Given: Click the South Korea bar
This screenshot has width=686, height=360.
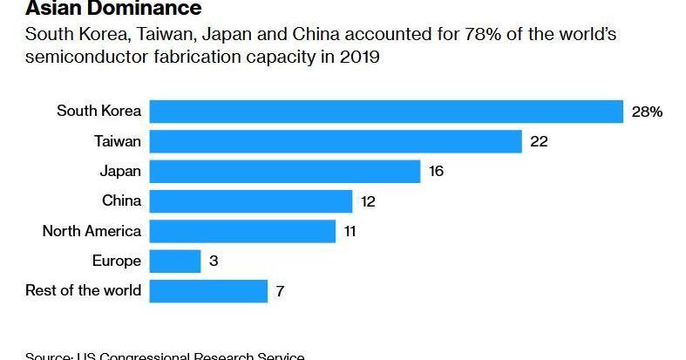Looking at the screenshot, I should pos(386,112).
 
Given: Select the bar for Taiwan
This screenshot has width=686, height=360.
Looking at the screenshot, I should pos(336,141).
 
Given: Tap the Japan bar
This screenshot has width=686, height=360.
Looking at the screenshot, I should pos(285,171).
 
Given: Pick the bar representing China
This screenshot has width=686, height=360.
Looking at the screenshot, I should pos(251,201).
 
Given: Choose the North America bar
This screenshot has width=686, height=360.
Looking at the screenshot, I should pos(242,231).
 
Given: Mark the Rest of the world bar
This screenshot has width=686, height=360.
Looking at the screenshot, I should pos(208,291).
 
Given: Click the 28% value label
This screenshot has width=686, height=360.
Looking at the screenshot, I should pos(647,112).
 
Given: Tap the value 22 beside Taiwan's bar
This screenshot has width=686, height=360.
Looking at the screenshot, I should pos(539,141).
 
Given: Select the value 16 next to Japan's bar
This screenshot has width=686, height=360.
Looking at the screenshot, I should pos(436,171).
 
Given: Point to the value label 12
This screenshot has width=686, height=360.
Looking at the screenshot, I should pos(368,201).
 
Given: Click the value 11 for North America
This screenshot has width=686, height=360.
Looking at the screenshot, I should pos(350,231).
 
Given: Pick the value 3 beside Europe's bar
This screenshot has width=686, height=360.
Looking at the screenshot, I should pos(214,261).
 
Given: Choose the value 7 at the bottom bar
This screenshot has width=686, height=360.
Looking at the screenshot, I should pos(280,291).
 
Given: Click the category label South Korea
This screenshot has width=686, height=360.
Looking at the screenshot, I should pos(98,111).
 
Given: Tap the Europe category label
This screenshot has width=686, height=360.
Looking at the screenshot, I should pos(116,261).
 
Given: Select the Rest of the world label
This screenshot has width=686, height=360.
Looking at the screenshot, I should pos(83,290).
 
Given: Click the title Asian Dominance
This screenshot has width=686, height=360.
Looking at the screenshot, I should pos(114,10).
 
